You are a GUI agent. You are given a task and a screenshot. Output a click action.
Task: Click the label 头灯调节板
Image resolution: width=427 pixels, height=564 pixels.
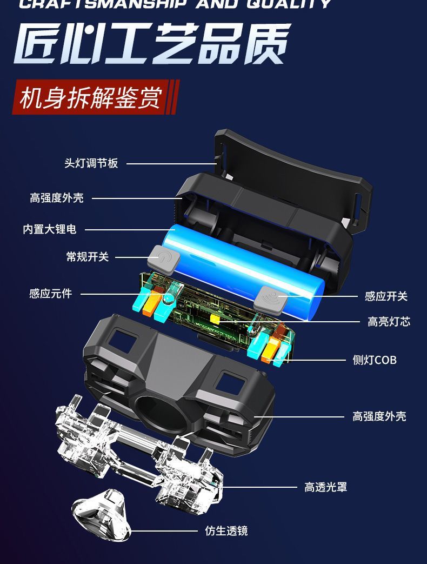click(91, 163)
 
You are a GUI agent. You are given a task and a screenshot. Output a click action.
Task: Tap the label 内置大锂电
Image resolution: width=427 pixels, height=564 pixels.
click(50, 229)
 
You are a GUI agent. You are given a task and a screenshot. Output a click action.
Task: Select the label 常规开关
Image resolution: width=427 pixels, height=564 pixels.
click(88, 257)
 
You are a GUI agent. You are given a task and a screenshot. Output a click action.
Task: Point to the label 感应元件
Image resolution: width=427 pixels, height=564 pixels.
click(51, 294)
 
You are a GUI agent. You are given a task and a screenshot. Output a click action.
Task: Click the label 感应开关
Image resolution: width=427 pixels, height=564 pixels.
click(386, 296)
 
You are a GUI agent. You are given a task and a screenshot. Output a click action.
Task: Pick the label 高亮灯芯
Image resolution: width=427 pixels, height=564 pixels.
click(389, 322)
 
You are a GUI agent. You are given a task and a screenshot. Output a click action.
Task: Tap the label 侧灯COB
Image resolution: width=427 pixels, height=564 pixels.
click(375, 360)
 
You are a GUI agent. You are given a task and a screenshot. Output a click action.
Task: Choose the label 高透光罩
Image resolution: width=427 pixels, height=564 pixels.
click(326, 487)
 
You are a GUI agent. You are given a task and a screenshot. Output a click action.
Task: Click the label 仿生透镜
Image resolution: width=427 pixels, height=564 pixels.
click(226, 531)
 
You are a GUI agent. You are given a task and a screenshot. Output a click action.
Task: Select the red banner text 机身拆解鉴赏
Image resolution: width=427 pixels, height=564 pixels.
click(91, 97)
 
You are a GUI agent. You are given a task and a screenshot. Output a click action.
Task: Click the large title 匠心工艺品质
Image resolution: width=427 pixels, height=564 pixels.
click(152, 44)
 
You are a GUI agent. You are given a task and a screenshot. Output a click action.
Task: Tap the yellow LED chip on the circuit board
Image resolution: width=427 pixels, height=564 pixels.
click(216, 319)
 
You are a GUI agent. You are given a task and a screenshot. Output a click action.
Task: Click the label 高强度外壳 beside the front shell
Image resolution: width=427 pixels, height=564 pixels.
click(379, 416)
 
